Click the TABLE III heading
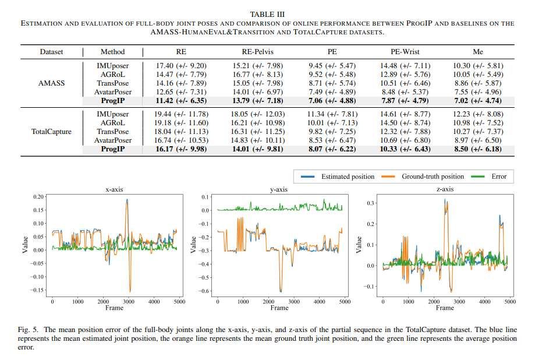(267, 14)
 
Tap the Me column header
(477, 52)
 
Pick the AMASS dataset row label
(52, 83)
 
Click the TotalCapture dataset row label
(52, 132)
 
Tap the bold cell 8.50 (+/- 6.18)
(477, 149)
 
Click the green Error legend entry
(498, 177)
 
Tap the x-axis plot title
(115, 189)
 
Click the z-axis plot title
(445, 189)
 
